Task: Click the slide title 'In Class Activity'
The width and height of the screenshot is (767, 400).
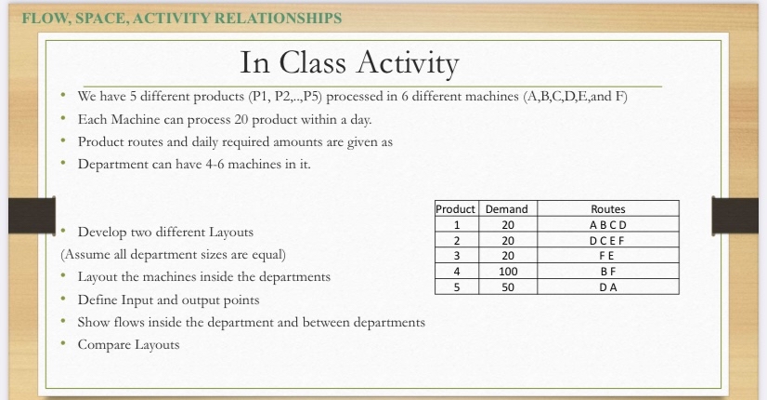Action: click(349, 63)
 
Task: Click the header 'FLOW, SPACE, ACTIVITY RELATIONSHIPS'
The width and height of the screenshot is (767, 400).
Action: click(181, 18)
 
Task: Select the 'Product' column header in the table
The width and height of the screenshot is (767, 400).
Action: click(456, 209)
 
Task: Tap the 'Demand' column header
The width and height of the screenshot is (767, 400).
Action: click(507, 209)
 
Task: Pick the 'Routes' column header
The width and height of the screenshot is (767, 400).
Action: click(607, 209)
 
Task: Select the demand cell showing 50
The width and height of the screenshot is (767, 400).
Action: click(507, 287)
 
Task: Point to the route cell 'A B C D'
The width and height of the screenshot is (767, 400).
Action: click(607, 225)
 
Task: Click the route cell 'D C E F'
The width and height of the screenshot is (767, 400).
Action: click(607, 241)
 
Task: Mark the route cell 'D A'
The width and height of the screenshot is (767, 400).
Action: click(607, 287)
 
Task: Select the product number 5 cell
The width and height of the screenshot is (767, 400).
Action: click(456, 287)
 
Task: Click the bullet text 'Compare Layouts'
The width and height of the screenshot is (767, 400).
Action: click(128, 345)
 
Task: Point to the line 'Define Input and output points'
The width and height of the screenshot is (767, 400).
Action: click(168, 300)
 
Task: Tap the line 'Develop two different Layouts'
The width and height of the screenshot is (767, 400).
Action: click(164, 232)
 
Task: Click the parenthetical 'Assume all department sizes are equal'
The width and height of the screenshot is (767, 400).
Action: click(173, 254)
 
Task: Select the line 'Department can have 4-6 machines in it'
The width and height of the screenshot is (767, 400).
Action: click(193, 165)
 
